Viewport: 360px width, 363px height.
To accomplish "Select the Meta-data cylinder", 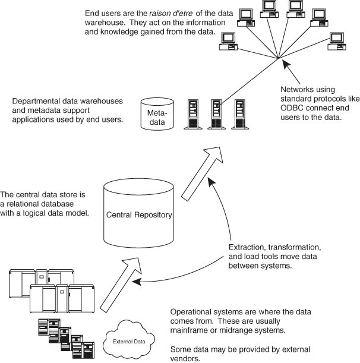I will coord(157,116).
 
